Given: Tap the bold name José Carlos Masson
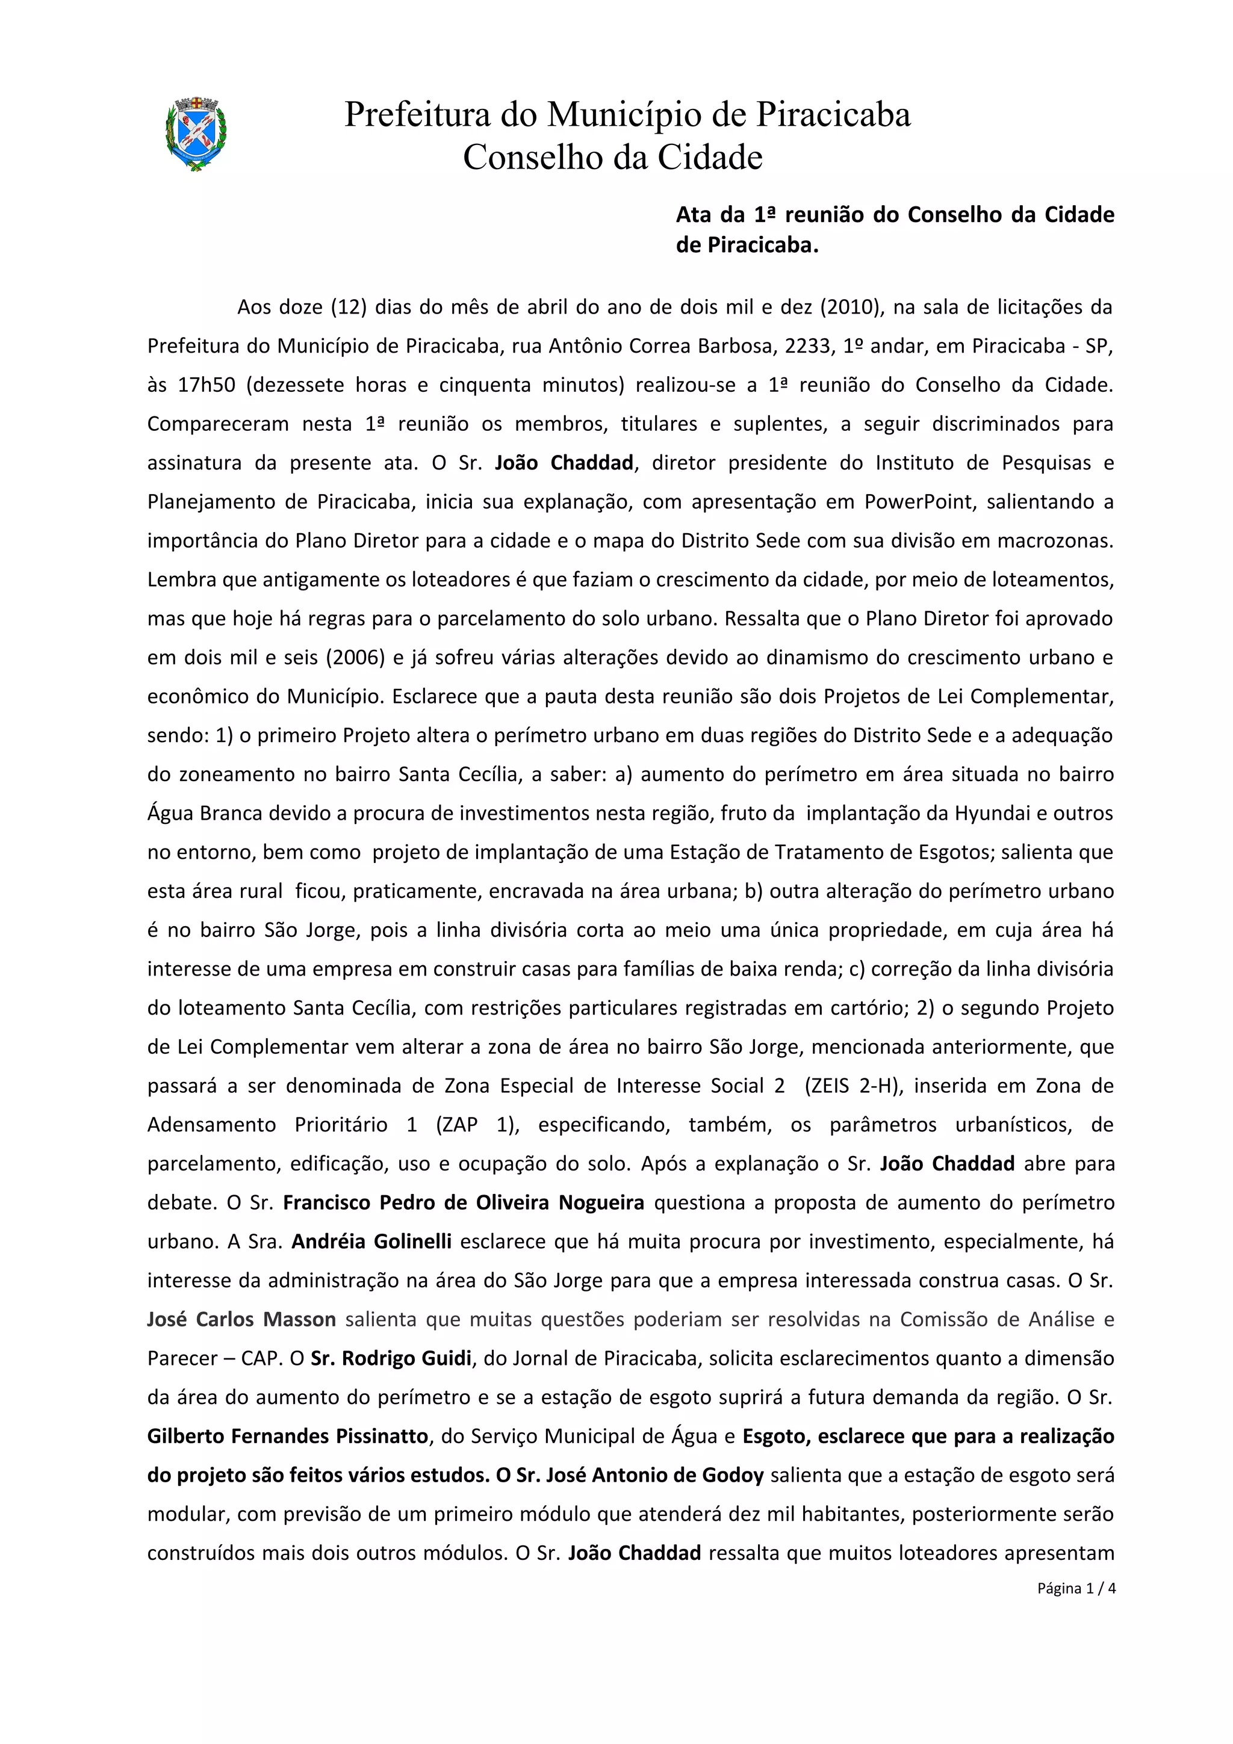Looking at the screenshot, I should point(241,1319).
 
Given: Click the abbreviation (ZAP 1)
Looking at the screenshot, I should point(477,1125).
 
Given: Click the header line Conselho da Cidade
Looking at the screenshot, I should point(612,158).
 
